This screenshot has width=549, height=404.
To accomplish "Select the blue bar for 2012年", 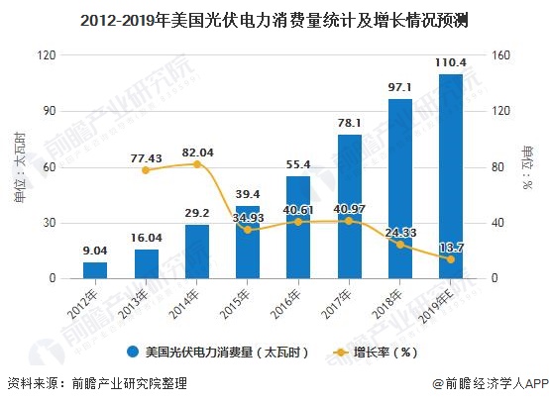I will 95,270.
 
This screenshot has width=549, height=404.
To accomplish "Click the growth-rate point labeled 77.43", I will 147,170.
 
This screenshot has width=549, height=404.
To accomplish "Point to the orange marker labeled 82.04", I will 197,163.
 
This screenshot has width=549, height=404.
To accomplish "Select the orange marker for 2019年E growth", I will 451,259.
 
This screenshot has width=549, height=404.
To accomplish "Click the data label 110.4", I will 451,63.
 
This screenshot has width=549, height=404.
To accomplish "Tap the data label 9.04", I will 95,252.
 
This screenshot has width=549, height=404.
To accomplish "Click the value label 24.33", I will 400,232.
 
